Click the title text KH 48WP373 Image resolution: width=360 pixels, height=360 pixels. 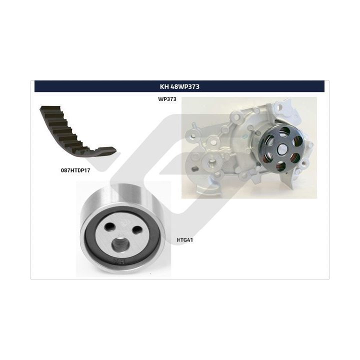[180, 86]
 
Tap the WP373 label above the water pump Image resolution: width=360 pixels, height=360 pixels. [167, 99]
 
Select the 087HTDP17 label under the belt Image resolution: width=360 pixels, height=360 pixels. [75, 170]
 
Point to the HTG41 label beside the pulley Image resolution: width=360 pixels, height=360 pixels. [185, 240]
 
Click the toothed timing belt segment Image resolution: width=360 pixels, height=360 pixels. [76, 133]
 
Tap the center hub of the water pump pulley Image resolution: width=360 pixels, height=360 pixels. [282, 149]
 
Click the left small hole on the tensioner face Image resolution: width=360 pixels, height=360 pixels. [109, 226]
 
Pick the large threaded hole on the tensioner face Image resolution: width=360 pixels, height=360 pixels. [119, 244]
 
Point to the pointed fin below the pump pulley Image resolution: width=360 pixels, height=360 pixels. [287, 179]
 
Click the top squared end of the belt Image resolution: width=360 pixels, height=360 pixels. [50, 108]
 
